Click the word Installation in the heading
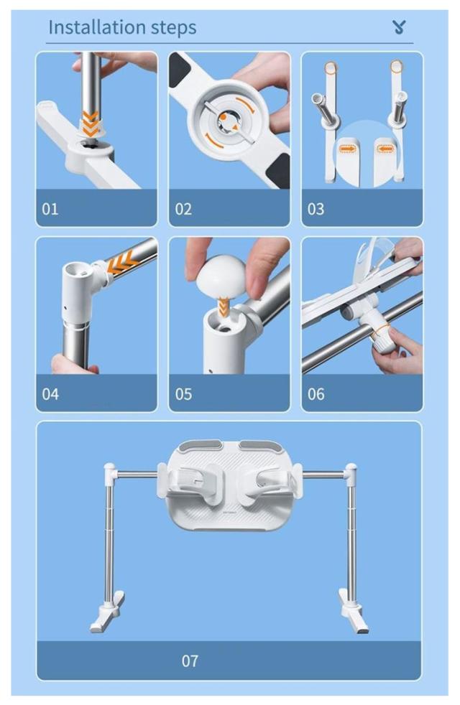97,27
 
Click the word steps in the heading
174,28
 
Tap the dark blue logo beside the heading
399,27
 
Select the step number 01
50,209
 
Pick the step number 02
183,209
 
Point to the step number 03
316,209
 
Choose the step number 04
50,394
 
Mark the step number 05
183,394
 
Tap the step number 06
316,394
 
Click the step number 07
190,661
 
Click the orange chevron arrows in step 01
90,123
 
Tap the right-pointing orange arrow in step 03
346,149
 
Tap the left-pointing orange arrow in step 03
385,149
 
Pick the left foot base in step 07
107,612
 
